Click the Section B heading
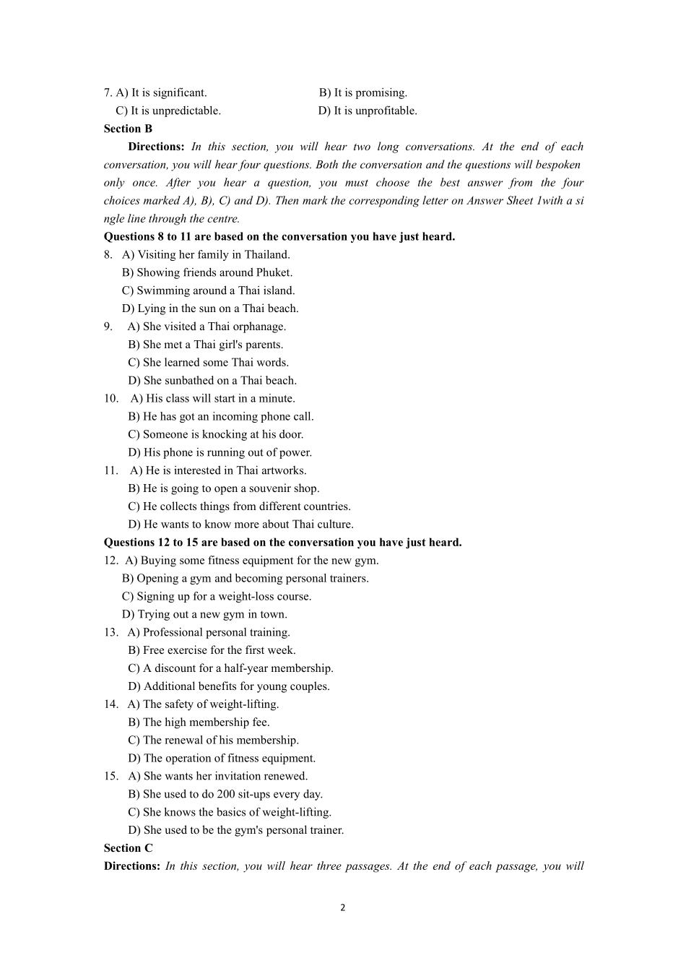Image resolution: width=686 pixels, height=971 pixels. click(x=128, y=129)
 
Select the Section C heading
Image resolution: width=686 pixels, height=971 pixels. click(x=128, y=848)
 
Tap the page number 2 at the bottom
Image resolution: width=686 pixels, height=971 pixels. click(x=343, y=908)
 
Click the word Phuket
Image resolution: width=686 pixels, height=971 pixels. click(x=273, y=272)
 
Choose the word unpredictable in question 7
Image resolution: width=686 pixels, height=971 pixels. click(x=186, y=111)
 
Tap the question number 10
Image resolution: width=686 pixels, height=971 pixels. click(x=110, y=398)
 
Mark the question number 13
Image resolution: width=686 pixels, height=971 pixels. click(x=110, y=632)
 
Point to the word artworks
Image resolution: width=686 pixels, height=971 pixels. click(x=283, y=470)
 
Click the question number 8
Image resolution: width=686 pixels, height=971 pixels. click(x=108, y=254)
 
